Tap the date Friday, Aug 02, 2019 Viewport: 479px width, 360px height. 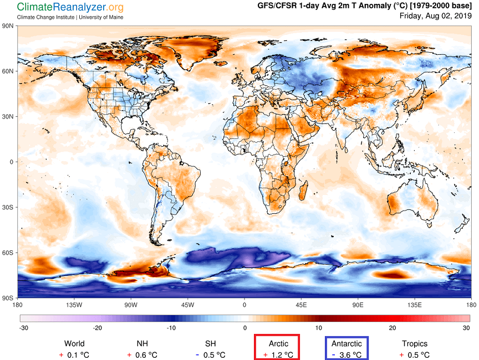coord(435,16)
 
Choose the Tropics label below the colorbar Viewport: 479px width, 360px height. coord(414,344)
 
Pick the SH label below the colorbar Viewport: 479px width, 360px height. coord(210,344)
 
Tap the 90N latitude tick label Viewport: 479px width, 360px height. coord(8,25)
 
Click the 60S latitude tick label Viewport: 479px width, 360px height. coord(8,253)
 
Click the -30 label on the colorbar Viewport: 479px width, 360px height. coord(23,327)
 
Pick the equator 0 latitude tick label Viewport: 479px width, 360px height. coord(12,162)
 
